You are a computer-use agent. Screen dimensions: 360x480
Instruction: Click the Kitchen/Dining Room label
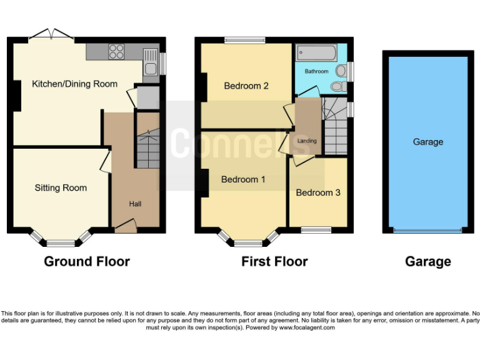click(x=75, y=84)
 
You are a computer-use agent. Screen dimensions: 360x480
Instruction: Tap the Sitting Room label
click(x=61, y=187)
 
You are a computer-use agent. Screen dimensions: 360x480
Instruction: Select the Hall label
click(x=135, y=204)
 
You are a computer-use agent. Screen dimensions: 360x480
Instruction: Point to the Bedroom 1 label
click(x=243, y=179)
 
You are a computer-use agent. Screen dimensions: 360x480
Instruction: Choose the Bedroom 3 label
click(x=318, y=192)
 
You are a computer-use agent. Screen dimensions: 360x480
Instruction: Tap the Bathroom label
click(x=316, y=71)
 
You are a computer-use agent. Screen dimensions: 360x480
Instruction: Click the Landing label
click(x=307, y=141)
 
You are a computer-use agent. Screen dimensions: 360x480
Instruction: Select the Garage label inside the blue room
click(x=428, y=142)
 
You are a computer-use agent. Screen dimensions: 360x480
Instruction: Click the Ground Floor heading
click(x=87, y=261)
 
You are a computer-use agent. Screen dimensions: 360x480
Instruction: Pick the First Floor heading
click(x=274, y=261)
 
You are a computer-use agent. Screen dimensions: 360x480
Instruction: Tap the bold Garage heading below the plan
click(x=428, y=261)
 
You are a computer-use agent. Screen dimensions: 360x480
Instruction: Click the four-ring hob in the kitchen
click(x=116, y=52)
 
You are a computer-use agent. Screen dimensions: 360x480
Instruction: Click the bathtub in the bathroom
click(x=316, y=52)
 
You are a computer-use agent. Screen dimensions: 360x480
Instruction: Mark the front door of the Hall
click(x=126, y=226)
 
